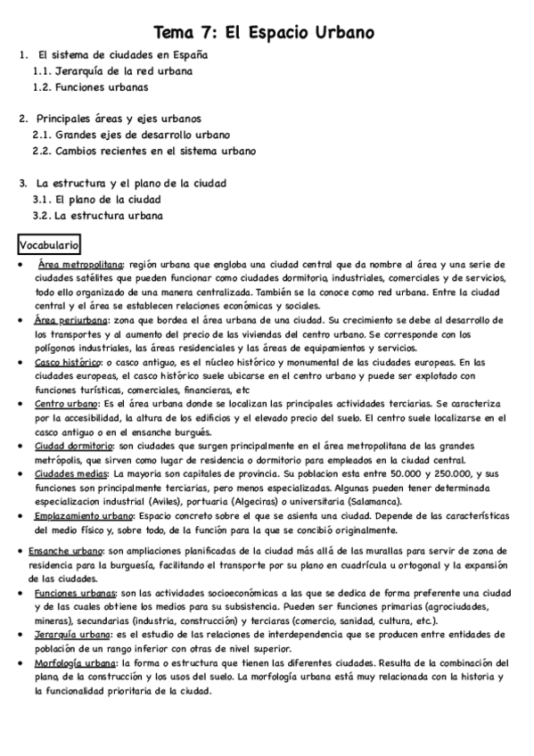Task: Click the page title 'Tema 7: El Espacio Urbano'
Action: point(264,33)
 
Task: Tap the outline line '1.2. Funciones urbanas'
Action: point(90,87)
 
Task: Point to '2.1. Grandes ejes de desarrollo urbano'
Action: point(131,135)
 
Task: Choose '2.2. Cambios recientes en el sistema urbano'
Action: point(144,151)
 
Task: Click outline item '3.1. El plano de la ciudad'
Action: point(97,199)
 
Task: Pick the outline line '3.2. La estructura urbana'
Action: point(97,215)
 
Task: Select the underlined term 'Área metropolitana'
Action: point(82,266)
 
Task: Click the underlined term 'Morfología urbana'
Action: point(73,664)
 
